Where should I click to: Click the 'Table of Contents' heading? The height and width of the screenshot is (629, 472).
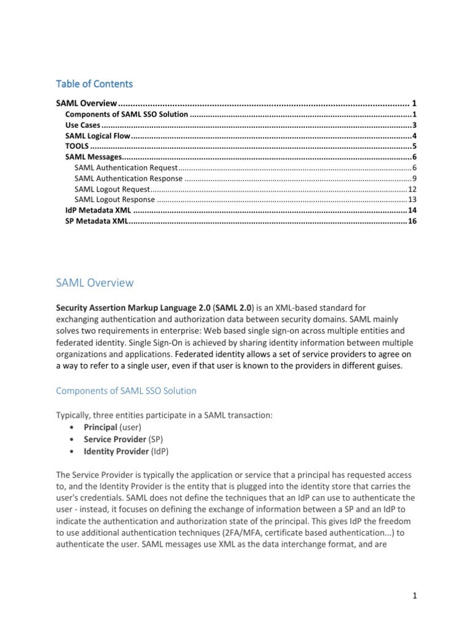(x=94, y=84)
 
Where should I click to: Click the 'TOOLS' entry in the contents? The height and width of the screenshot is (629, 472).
(x=77, y=146)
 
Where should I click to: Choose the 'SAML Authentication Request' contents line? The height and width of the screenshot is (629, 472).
(x=125, y=168)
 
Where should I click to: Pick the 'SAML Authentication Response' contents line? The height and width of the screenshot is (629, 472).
(x=128, y=178)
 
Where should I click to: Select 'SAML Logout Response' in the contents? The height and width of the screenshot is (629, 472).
(x=114, y=199)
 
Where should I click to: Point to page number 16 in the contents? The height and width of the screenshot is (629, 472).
(x=412, y=221)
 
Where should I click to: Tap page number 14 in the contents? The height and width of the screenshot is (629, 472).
(x=412, y=210)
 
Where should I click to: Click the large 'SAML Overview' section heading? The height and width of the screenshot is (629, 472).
(x=94, y=283)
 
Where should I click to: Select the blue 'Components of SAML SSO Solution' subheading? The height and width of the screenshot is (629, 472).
(x=126, y=391)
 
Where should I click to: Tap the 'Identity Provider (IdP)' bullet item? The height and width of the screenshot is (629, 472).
(x=119, y=451)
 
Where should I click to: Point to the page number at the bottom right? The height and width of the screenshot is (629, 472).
(x=415, y=596)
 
